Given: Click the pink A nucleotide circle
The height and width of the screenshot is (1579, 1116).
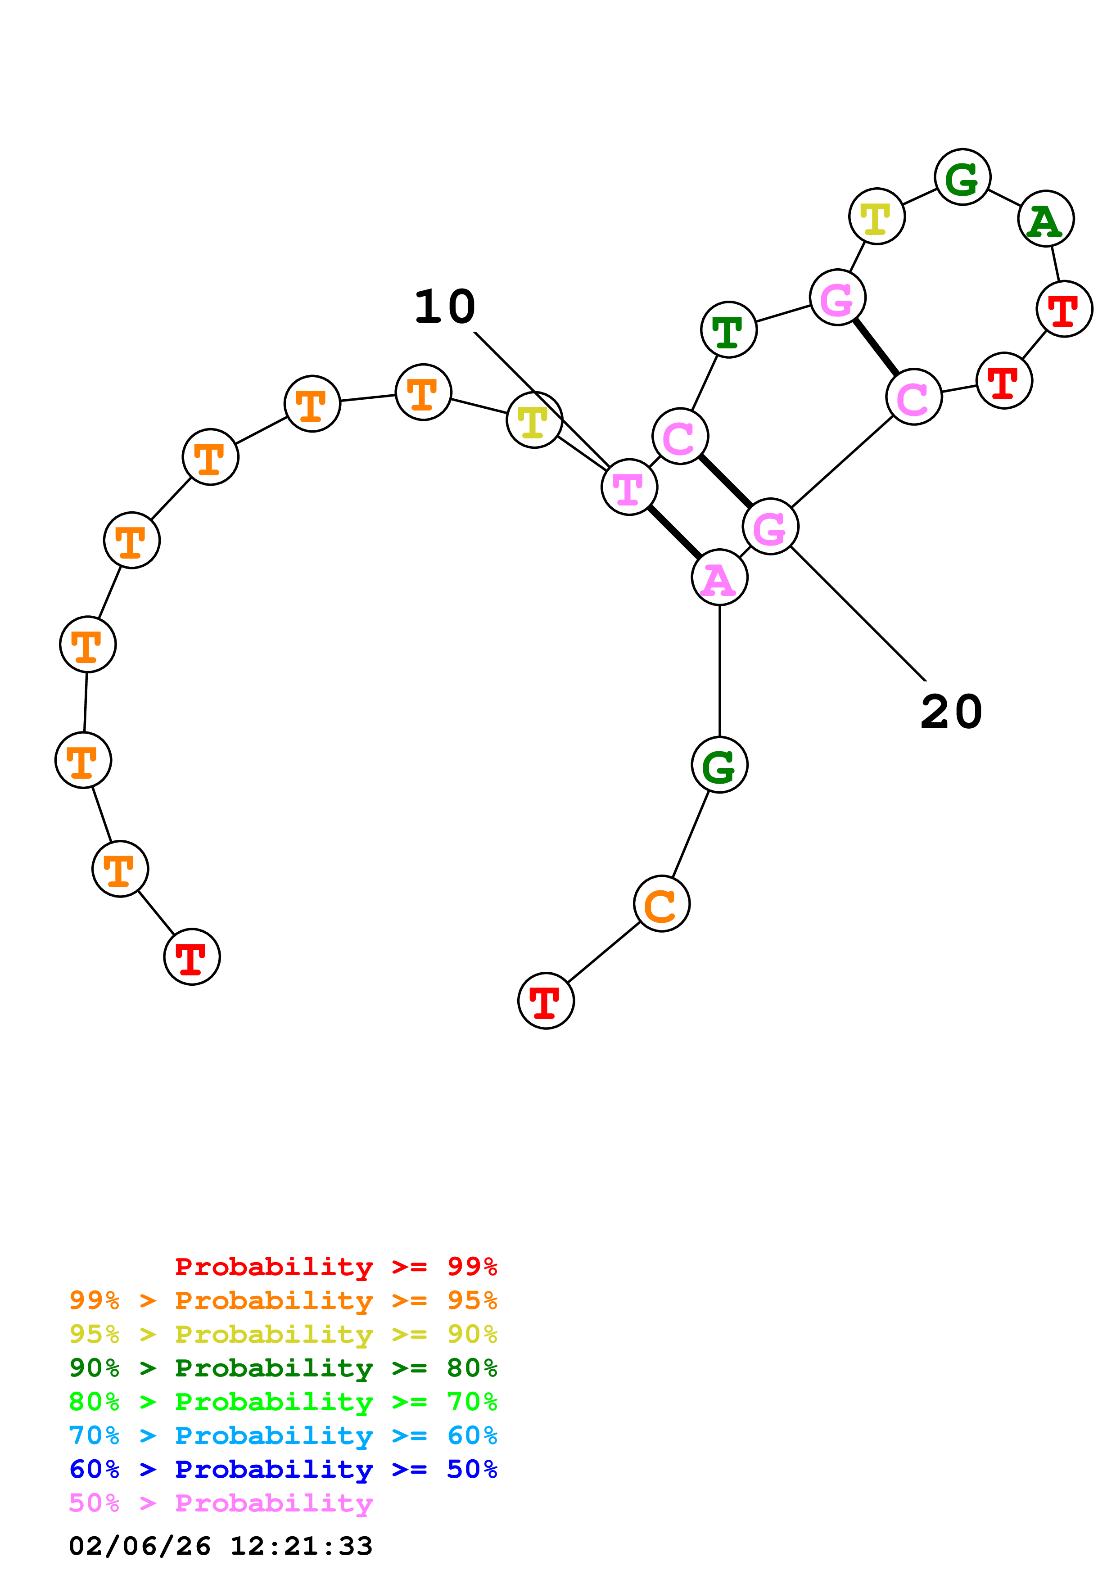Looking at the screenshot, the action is [x=719, y=577].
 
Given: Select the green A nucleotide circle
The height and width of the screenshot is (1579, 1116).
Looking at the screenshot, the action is [x=1046, y=219].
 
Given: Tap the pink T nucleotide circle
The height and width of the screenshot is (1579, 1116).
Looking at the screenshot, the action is [x=629, y=487].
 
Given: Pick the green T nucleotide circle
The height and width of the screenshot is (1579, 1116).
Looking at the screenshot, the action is [x=729, y=329].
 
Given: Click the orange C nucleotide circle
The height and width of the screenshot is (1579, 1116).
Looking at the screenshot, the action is [x=661, y=904].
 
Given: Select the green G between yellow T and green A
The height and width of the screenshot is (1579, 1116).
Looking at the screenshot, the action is [x=962, y=177].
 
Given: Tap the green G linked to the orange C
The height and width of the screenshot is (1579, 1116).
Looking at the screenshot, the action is [x=719, y=765].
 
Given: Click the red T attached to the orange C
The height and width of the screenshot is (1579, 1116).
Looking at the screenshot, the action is [x=546, y=1001].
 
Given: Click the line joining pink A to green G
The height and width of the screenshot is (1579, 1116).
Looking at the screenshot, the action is [x=719, y=671].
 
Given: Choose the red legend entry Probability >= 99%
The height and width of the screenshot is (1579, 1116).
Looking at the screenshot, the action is [x=335, y=1267].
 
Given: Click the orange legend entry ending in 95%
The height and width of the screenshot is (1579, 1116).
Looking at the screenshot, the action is [x=283, y=1300].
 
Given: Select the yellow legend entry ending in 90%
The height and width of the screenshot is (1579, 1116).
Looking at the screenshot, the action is [x=283, y=1334].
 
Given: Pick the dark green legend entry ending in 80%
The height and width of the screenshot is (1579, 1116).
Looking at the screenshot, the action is [x=283, y=1368].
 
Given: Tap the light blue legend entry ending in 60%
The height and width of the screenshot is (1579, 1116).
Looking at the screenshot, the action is [x=283, y=1435].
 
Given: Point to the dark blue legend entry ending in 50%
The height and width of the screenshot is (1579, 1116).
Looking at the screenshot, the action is [x=283, y=1469].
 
